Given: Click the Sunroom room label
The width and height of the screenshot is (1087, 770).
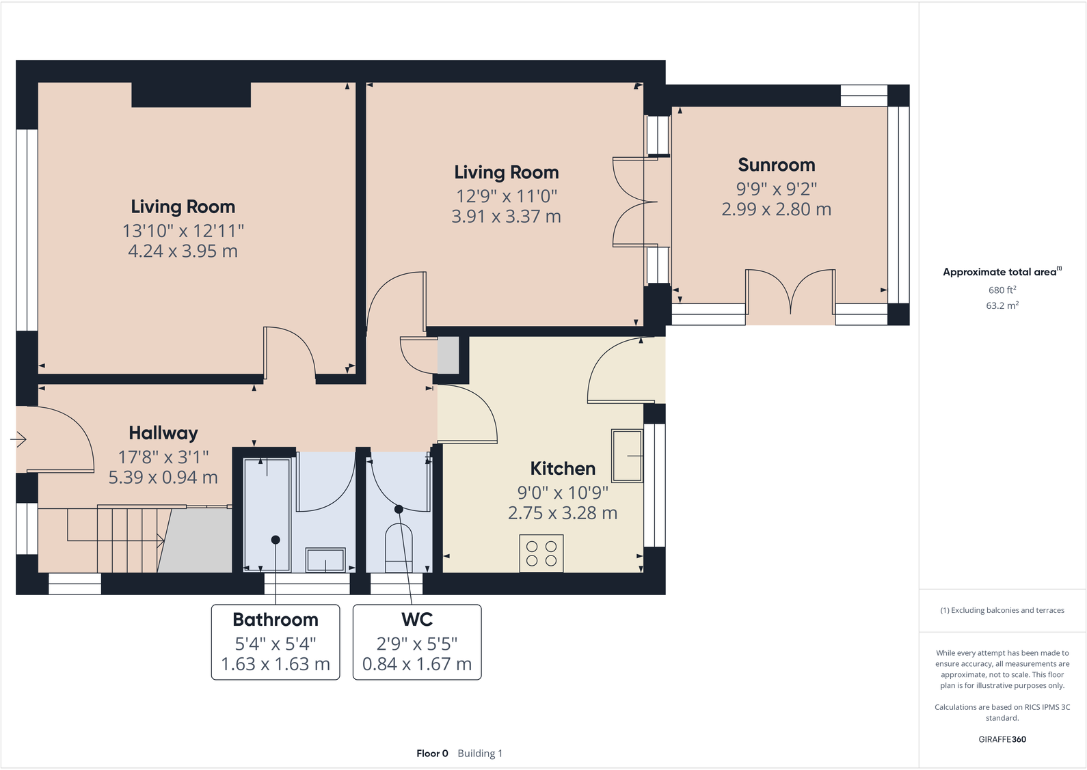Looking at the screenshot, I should pos(776,165).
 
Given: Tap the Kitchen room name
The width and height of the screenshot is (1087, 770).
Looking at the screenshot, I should pos(563,469).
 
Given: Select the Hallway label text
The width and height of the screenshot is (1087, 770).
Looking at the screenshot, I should pos(163,433).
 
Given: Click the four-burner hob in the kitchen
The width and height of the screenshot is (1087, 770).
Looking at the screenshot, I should pos(541,553).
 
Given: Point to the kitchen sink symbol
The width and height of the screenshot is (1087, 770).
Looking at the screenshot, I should pos(627,455).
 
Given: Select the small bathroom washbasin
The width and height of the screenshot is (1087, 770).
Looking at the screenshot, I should pos(325,560).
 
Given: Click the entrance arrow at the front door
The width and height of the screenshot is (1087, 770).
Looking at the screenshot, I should pos(18,439).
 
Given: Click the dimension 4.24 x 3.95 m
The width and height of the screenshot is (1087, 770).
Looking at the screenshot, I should pos(183,251).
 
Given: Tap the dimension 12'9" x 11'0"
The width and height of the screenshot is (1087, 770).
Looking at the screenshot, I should pos(507,197).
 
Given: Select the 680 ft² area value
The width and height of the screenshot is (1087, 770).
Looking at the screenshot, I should pos(1002,290).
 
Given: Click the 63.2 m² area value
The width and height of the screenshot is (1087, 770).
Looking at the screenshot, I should pos(1002,305).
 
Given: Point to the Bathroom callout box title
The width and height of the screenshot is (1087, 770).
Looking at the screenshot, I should pos(276,620).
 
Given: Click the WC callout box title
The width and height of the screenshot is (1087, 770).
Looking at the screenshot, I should pos(417,620).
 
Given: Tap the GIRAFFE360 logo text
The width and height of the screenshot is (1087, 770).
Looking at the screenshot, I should pos(1002,739).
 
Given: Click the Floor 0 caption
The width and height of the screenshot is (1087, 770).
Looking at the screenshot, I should pos(432,754).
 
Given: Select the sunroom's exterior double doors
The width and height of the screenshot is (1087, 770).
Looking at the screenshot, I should pos(790,294).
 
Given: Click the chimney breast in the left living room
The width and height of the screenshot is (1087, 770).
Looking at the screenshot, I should pos(191,95).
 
